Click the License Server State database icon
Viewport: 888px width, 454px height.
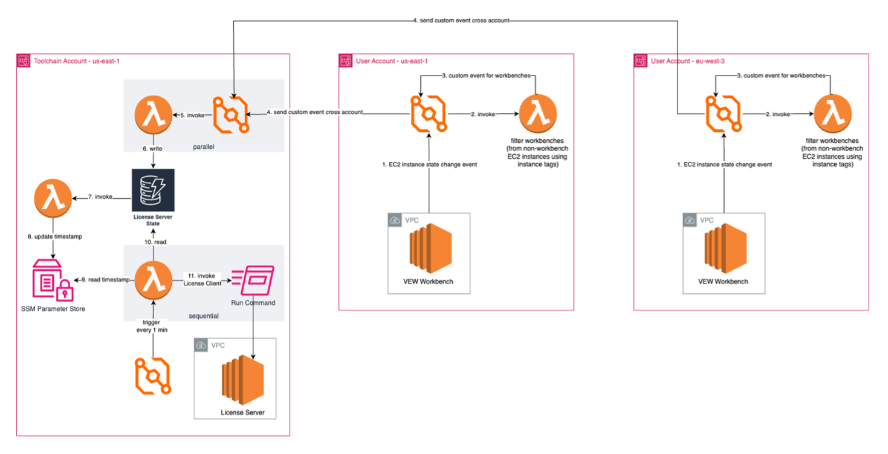click(x=153, y=190)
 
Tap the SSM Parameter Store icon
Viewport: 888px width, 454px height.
click(x=53, y=280)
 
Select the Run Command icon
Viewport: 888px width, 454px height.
click(x=253, y=281)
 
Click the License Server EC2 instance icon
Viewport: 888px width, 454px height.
click(x=242, y=380)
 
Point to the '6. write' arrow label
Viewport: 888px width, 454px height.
click(x=152, y=149)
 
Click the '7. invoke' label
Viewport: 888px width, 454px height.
click(x=100, y=196)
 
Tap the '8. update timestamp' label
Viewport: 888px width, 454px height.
click(x=55, y=236)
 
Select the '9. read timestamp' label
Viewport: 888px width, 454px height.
click(x=105, y=279)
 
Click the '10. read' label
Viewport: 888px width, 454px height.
click(x=155, y=242)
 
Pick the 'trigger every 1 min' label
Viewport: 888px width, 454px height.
click(x=152, y=326)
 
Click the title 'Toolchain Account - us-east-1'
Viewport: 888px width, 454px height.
click(x=77, y=61)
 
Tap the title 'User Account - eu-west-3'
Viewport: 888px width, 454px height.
click(x=688, y=61)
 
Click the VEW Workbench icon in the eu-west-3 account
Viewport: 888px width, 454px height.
click(x=725, y=248)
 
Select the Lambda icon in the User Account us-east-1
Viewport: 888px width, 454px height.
click(x=538, y=114)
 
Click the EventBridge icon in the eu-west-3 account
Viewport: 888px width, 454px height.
click(x=724, y=114)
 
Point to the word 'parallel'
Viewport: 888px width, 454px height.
click(x=203, y=147)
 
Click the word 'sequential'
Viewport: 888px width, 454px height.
click(x=203, y=316)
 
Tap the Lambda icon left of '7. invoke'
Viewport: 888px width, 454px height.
click(x=53, y=198)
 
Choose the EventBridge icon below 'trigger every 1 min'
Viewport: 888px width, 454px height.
click(x=153, y=376)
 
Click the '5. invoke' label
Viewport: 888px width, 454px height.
click(x=193, y=115)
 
